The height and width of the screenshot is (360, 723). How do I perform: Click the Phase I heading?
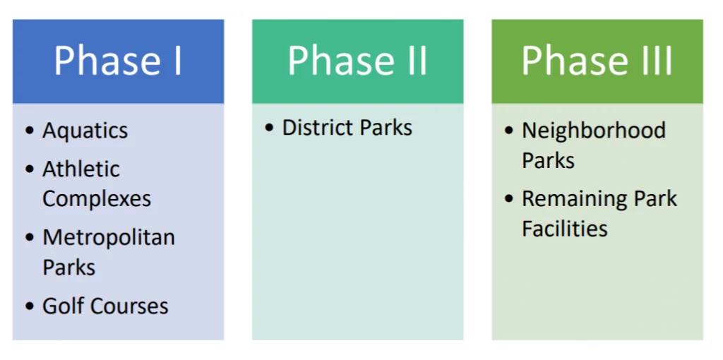pyautogui.click(x=118, y=61)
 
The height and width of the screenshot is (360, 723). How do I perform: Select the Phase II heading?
pyautogui.click(x=357, y=61)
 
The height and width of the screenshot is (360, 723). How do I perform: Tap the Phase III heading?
pyautogui.click(x=597, y=61)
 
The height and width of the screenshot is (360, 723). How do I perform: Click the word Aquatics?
pyautogui.click(x=85, y=131)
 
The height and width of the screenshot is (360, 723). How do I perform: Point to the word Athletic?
pyautogui.click(x=81, y=169)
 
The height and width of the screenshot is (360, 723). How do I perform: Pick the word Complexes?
pyautogui.click(x=97, y=199)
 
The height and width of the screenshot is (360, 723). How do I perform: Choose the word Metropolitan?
pyautogui.click(x=109, y=238)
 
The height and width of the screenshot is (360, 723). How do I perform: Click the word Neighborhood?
pyautogui.click(x=594, y=131)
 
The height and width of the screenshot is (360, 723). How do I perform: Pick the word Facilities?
pyautogui.click(x=565, y=229)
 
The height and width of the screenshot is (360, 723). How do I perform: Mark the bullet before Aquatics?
pyautogui.click(x=29, y=131)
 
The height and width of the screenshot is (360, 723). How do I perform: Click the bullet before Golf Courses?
pyautogui.click(x=29, y=307)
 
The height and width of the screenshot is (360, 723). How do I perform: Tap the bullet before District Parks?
pyautogui.click(x=269, y=128)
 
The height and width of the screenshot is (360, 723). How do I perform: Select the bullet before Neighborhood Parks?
pyautogui.click(x=509, y=131)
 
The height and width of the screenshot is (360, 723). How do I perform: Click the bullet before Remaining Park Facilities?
pyautogui.click(x=509, y=200)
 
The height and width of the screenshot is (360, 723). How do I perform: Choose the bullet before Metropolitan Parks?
pyautogui.click(x=29, y=238)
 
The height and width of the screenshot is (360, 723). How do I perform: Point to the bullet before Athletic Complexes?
pyautogui.click(x=29, y=169)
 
